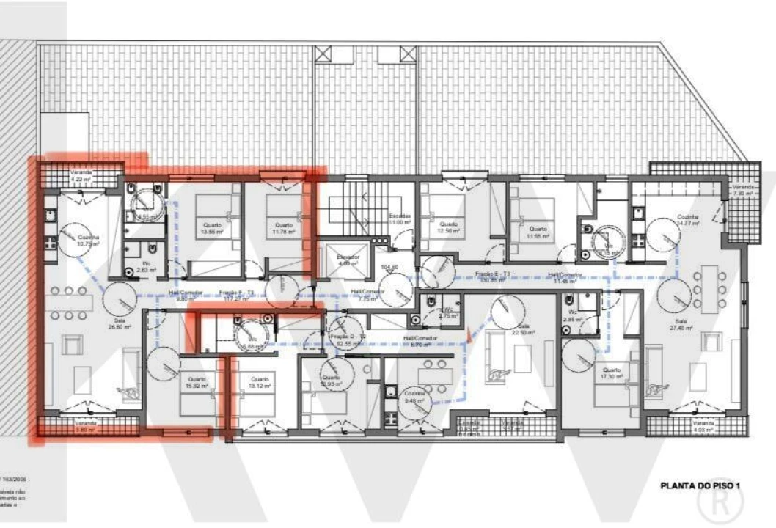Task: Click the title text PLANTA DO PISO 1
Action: click(704, 485)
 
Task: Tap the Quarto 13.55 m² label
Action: click(209, 228)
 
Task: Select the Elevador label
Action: click(348, 260)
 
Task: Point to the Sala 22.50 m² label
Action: click(523, 329)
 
